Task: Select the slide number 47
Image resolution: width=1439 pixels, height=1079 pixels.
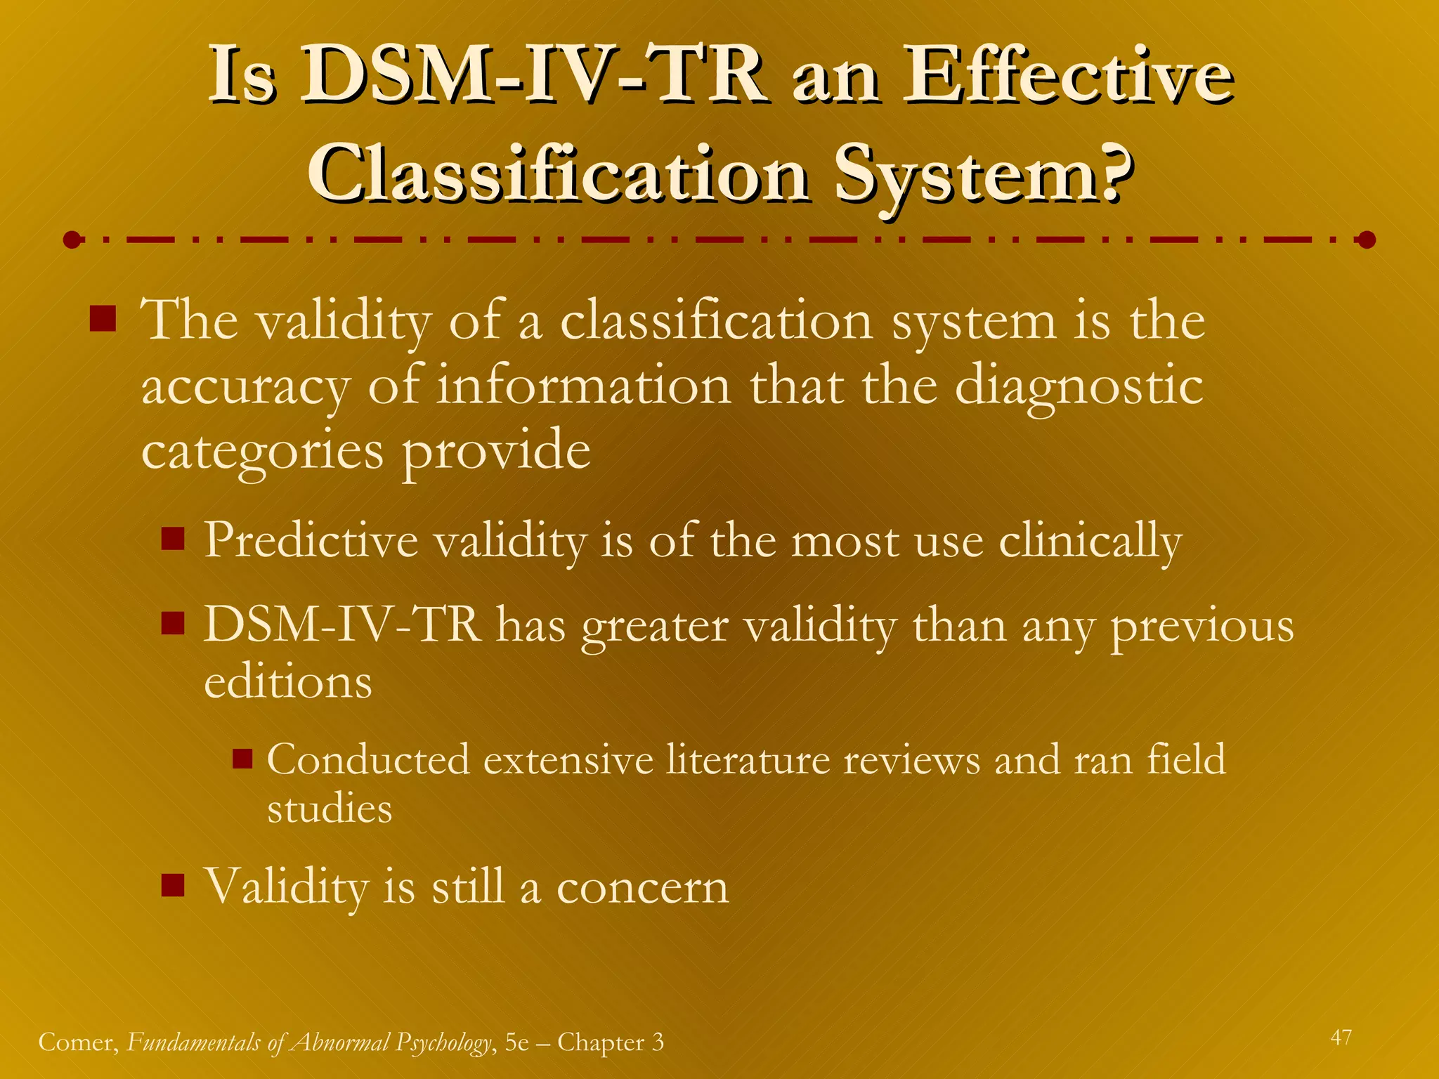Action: [x=1341, y=1038]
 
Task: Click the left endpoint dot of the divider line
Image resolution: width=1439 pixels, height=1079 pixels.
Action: [x=72, y=240]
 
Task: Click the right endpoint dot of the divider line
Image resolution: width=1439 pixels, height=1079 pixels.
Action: [x=1367, y=240]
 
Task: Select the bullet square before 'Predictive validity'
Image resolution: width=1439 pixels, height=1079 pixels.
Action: [x=172, y=539]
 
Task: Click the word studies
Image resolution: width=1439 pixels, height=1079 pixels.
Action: [x=330, y=809]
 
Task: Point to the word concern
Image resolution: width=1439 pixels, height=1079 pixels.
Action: [x=642, y=887]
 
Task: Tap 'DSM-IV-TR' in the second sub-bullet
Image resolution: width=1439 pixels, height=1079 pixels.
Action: [x=342, y=624]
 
